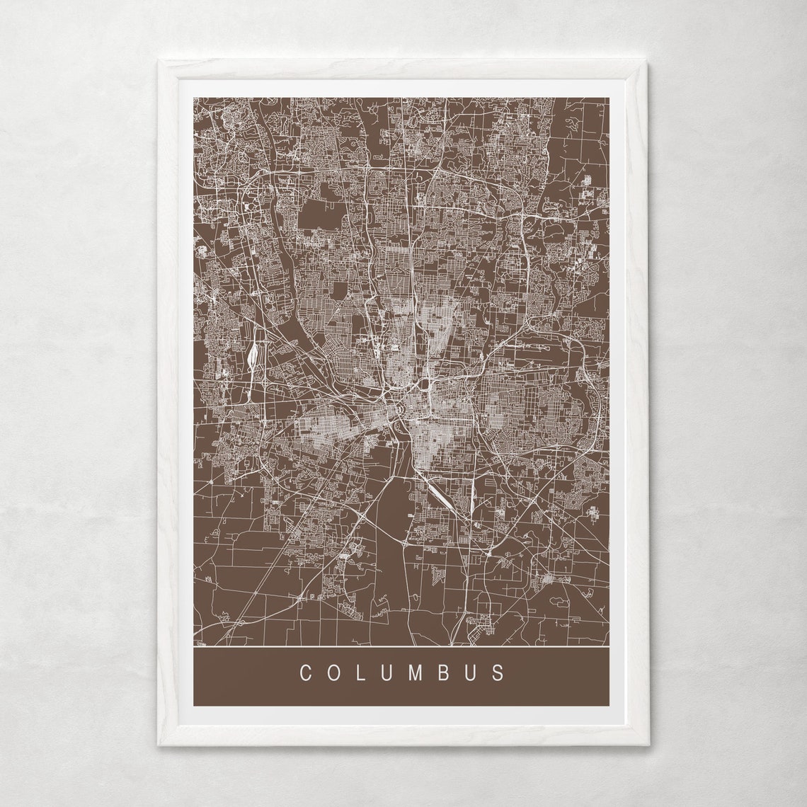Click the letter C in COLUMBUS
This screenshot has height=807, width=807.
coord(306,672)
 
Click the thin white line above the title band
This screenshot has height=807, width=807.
coord(401,647)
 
